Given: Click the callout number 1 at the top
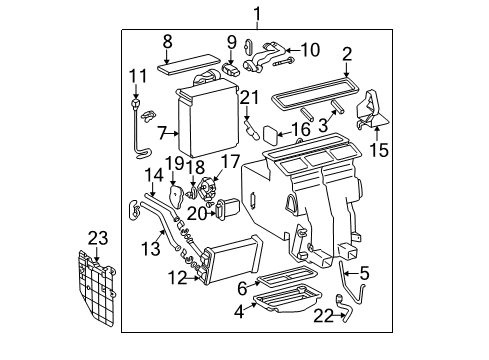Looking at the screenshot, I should coord(257,13).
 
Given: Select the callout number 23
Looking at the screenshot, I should coord(95,238).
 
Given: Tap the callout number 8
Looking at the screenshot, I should coord(168,42).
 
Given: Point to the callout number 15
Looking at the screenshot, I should coord(378,152).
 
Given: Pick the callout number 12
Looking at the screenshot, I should coord(178,277).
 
